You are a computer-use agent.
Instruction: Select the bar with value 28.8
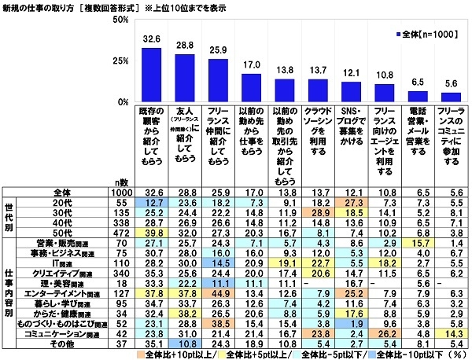click(185, 78)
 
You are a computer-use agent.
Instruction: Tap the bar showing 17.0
click(251, 87)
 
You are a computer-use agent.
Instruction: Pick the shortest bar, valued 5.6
click(449, 97)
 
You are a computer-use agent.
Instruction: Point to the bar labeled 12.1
click(349, 92)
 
